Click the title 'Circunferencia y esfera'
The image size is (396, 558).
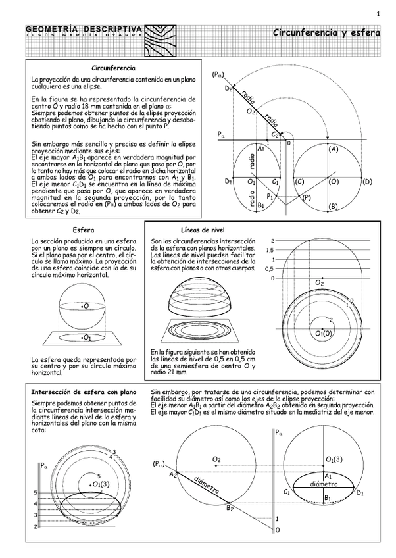pos(326,32)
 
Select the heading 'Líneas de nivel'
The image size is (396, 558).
pos(203,230)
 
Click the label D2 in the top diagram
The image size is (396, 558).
pos(228,88)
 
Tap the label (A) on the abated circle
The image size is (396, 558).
pos(333,149)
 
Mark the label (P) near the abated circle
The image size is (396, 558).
pos(307,197)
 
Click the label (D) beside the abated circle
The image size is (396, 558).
pos(367,182)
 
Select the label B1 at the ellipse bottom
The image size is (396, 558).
pos(261,205)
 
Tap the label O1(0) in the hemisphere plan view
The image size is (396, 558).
pos(324,334)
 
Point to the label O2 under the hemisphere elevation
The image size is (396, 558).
pos(320,282)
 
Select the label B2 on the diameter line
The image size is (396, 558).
pos(230,507)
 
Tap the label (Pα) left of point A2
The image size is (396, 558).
pos(159,463)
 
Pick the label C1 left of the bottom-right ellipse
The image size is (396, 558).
pos(287,492)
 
